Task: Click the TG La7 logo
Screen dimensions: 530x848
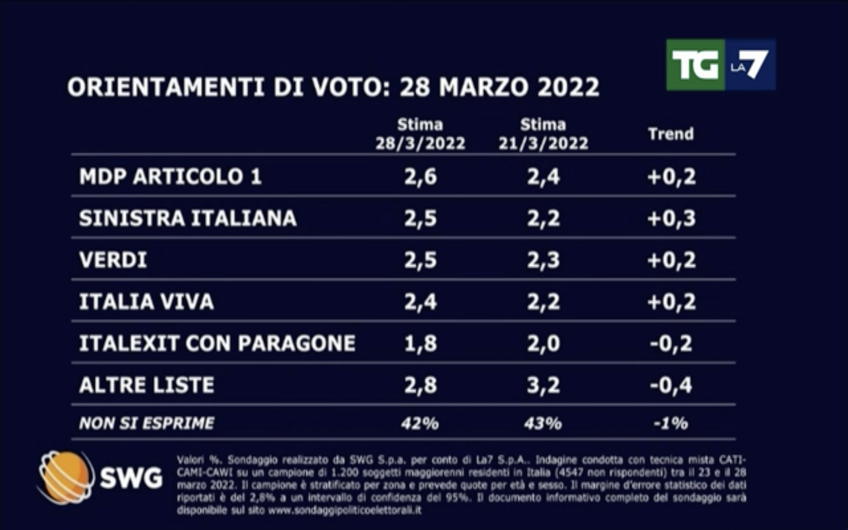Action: point(721,65)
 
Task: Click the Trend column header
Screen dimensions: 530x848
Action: point(671,134)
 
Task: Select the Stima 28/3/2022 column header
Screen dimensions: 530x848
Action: point(420,134)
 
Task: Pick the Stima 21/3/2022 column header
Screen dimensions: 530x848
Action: point(543,134)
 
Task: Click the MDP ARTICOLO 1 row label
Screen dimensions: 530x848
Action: point(170,176)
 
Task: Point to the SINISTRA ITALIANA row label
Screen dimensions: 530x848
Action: point(188,218)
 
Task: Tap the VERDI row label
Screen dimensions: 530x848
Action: point(113,260)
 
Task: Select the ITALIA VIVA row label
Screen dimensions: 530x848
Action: point(146,302)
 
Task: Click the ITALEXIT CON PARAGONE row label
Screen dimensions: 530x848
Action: point(217,343)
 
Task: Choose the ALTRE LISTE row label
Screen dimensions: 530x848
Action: point(146,385)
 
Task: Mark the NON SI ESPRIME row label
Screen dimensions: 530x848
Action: point(146,423)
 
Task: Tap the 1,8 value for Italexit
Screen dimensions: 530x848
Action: point(420,343)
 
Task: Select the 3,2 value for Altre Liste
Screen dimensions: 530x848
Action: point(543,385)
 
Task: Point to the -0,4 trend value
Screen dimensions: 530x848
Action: point(671,385)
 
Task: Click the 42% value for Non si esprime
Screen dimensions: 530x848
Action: point(420,423)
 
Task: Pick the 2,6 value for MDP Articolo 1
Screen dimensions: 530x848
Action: point(420,176)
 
